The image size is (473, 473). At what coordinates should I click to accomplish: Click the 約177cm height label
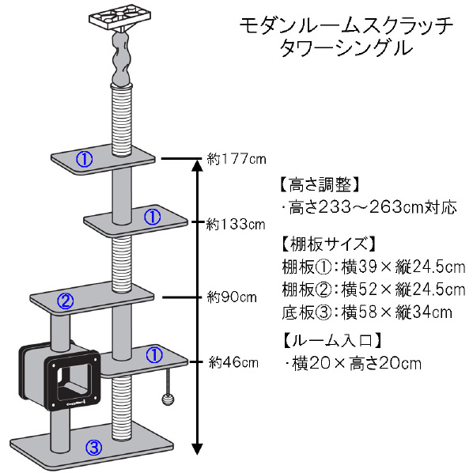pyautogui.click(x=236, y=159)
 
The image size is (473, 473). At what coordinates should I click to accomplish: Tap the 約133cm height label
pyautogui.click(x=236, y=225)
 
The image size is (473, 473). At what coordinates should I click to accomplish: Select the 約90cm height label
pyautogui.click(x=232, y=297)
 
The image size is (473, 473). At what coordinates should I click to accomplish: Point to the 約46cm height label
pyautogui.click(x=233, y=362)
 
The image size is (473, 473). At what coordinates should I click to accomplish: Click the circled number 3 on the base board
pyautogui.click(x=94, y=448)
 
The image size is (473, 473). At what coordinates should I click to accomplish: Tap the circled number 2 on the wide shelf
pyautogui.click(x=66, y=301)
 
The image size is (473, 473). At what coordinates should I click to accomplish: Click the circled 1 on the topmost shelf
pyautogui.click(x=84, y=159)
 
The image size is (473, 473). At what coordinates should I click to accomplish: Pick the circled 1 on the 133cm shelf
pyautogui.click(x=153, y=216)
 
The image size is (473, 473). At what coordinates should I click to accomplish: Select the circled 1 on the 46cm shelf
pyautogui.click(x=154, y=355)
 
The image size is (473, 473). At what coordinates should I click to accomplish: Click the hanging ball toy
pyautogui.click(x=168, y=399)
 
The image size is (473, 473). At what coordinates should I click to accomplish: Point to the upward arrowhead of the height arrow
pyautogui.click(x=197, y=165)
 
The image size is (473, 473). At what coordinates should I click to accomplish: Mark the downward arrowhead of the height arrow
pyautogui.click(x=197, y=448)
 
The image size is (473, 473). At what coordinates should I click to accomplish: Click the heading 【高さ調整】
pyautogui.click(x=320, y=184)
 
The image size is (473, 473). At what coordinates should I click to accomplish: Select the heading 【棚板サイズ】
pyautogui.click(x=328, y=244)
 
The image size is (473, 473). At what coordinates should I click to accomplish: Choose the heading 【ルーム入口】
pyautogui.click(x=331, y=340)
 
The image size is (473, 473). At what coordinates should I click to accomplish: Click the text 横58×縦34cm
pyautogui.click(x=397, y=312)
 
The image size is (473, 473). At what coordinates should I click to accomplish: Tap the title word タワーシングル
pyautogui.click(x=346, y=48)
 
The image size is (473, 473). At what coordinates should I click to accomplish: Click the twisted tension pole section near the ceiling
pyautogui.click(x=121, y=59)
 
